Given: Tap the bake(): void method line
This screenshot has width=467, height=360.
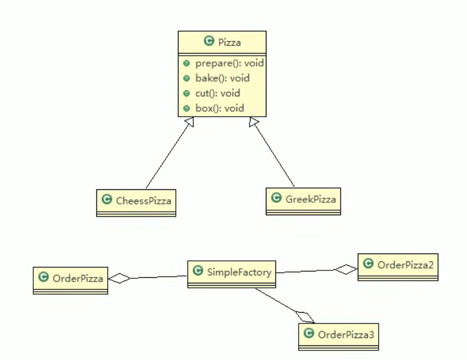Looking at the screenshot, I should coord(223,78).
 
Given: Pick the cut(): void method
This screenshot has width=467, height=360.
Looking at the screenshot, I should coord(217,93).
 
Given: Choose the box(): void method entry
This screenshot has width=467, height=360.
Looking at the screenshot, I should coord(219,108).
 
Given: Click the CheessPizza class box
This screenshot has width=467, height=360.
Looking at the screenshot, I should coord(136,202).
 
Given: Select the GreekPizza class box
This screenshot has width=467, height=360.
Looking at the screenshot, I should coord(304,200).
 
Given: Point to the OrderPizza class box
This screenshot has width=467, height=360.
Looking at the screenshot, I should coord(70,280).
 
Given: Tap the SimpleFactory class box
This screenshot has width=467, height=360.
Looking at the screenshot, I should coord(232,274).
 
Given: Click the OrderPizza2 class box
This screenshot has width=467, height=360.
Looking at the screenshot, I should coord(398,266).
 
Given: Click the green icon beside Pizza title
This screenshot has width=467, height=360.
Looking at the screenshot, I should coord(209,41).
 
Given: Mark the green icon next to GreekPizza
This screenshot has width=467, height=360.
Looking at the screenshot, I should coord(276,198).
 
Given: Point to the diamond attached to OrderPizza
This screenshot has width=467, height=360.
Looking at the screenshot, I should coord(119,278).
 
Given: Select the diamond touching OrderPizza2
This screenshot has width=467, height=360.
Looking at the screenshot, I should coord(345,269).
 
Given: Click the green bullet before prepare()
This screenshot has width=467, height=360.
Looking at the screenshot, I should coord(186,64).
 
